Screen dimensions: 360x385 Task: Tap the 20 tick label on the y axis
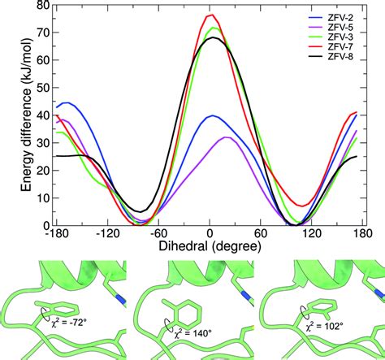(x=38, y=171)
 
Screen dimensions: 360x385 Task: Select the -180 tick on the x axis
(x=55, y=233)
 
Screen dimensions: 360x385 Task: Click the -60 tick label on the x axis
(x=158, y=233)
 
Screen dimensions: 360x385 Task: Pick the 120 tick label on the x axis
(x=311, y=233)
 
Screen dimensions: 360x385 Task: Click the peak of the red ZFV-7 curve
(x=210, y=15)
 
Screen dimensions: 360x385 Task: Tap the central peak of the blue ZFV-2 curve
(x=211, y=115)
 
